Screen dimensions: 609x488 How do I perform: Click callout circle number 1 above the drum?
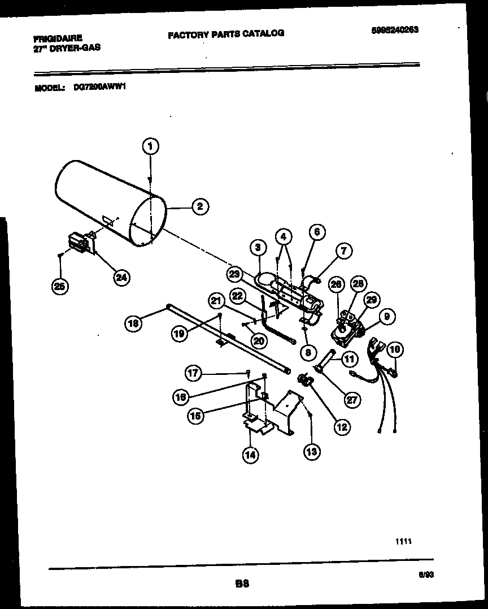150,146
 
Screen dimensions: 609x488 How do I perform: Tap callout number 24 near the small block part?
121,277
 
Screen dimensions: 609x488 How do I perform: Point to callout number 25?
59,287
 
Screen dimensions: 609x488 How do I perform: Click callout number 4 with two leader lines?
284,236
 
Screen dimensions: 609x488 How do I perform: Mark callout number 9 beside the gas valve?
386,318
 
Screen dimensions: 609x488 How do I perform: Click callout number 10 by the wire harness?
394,350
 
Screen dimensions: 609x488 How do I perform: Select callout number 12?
341,427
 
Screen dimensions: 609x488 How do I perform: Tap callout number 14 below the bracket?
250,453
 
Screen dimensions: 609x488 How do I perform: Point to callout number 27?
352,399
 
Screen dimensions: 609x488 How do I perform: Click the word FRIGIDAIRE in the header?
58,38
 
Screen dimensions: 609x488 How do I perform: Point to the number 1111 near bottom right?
403,541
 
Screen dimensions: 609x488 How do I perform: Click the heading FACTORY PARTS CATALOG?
226,34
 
